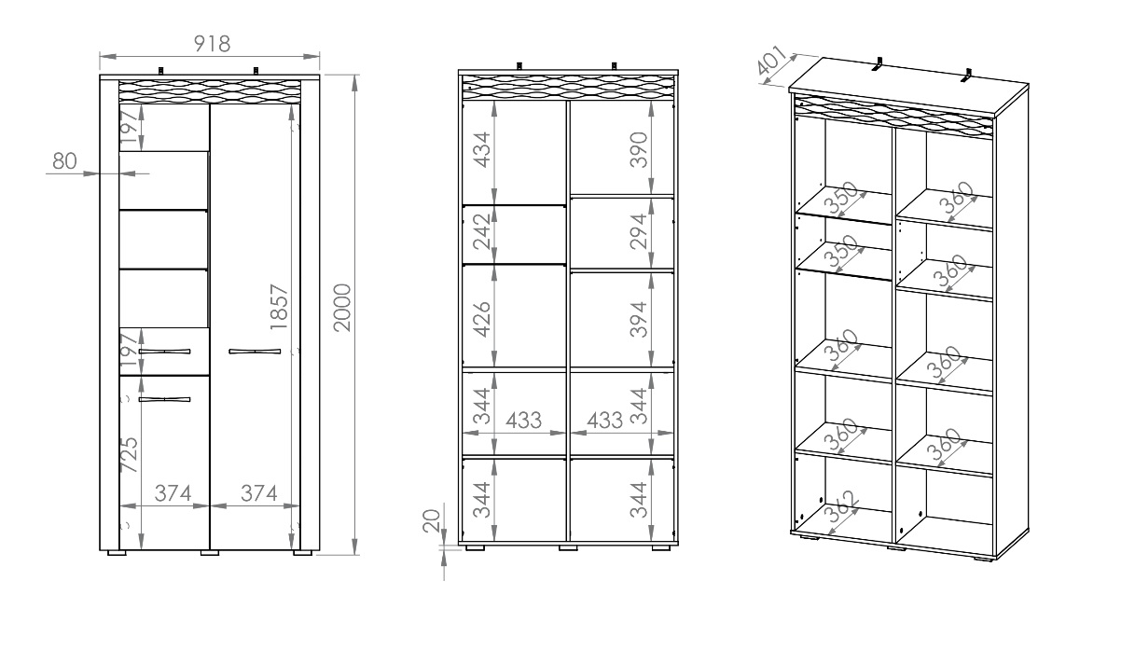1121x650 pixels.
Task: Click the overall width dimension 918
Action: [x=213, y=44]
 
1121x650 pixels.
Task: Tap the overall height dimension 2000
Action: [x=343, y=308]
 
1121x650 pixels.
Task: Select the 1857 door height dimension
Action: [x=279, y=307]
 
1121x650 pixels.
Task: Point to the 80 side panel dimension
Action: [x=64, y=161]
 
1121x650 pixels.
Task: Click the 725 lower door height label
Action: [x=130, y=455]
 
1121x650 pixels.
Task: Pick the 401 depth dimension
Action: [x=771, y=62]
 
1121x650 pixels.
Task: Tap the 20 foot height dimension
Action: [x=432, y=520]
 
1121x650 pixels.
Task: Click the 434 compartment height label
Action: [x=483, y=149]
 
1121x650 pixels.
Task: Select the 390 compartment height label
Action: [x=639, y=149]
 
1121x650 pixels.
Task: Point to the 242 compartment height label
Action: [x=483, y=231]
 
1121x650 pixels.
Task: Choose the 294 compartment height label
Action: [x=639, y=231]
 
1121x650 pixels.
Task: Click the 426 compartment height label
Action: [x=483, y=319]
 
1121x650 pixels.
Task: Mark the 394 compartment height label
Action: [x=639, y=319]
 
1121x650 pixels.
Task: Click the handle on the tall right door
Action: [x=255, y=352]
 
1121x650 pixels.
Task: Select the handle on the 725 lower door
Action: [x=165, y=399]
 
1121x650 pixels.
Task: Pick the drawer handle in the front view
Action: [x=165, y=352]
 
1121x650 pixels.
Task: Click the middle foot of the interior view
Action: [x=568, y=548]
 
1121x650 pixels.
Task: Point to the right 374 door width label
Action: [x=258, y=493]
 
